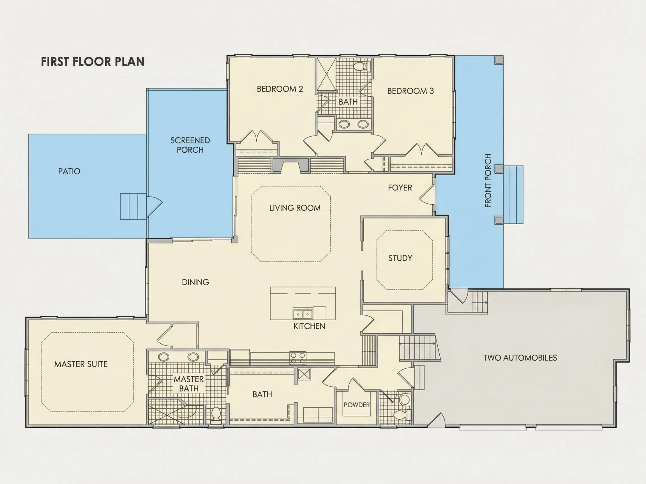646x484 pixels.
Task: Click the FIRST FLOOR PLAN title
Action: [x=93, y=62]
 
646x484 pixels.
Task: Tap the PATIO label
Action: [x=69, y=171]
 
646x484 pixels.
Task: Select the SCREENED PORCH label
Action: [x=190, y=145]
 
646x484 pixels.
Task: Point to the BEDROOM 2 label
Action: [x=280, y=89]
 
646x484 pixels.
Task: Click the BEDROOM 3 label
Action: [x=410, y=91]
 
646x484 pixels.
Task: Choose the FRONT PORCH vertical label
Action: [x=488, y=181]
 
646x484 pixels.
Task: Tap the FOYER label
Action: [x=400, y=188]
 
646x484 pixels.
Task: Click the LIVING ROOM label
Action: [x=295, y=208]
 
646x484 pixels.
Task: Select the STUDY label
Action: [x=400, y=258]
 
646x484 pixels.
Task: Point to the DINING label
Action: [x=195, y=282]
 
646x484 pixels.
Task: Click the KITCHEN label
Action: [x=309, y=326]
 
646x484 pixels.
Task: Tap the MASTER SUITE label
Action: [x=81, y=364]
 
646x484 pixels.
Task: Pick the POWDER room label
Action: [x=357, y=405]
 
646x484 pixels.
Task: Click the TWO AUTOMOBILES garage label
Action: [x=520, y=358]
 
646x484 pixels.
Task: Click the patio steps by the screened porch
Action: [x=133, y=206]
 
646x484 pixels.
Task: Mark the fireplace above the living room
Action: [x=290, y=165]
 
